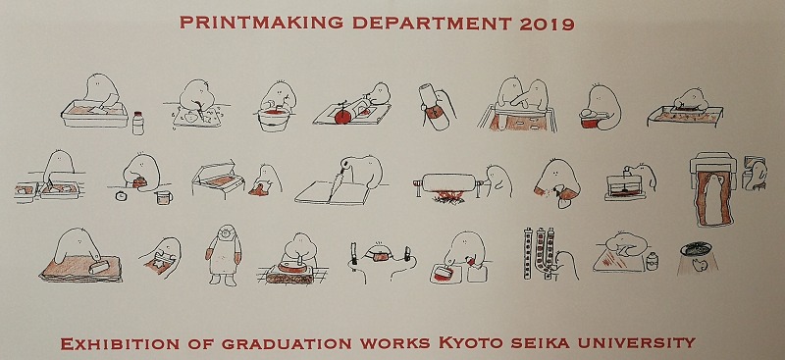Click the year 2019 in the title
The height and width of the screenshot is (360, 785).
tap(547, 23)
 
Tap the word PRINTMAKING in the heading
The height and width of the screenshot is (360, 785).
tap(261, 23)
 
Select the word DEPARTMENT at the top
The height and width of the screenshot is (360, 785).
tap(432, 23)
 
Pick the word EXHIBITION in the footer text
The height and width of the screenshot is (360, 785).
tap(120, 343)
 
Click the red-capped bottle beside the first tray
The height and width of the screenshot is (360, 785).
tap(138, 123)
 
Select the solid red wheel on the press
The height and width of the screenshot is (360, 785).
tap(341, 117)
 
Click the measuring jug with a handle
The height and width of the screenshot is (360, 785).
tap(164, 197)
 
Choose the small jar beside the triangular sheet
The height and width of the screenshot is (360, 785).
tap(652, 261)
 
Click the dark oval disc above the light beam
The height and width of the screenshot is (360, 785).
tap(696, 248)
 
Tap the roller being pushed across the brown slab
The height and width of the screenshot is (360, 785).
tap(100, 267)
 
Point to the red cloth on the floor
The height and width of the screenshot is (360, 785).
tap(259, 189)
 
